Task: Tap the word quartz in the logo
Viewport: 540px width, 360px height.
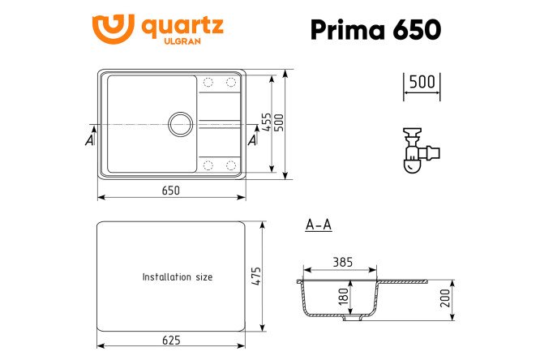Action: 182,27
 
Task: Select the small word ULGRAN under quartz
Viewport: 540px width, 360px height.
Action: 182,41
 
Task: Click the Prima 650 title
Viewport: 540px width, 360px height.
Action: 375,30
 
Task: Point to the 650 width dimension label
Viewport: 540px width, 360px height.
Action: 171,191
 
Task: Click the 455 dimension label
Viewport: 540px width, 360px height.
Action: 266,122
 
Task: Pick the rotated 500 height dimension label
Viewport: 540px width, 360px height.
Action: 278,122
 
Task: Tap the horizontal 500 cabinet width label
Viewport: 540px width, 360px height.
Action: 422,82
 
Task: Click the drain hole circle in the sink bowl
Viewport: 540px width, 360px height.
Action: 181,124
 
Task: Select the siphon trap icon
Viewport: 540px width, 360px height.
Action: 421,150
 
